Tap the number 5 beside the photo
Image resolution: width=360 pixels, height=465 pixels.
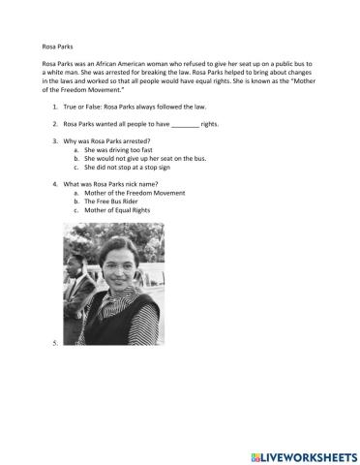click(x=54, y=343)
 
